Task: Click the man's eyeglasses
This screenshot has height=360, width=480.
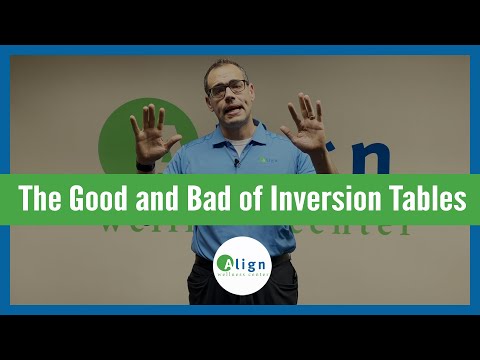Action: [x=229, y=89]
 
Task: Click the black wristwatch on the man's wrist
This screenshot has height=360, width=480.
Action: [x=146, y=165]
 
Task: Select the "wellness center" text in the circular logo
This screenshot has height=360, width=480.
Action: [x=240, y=280]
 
